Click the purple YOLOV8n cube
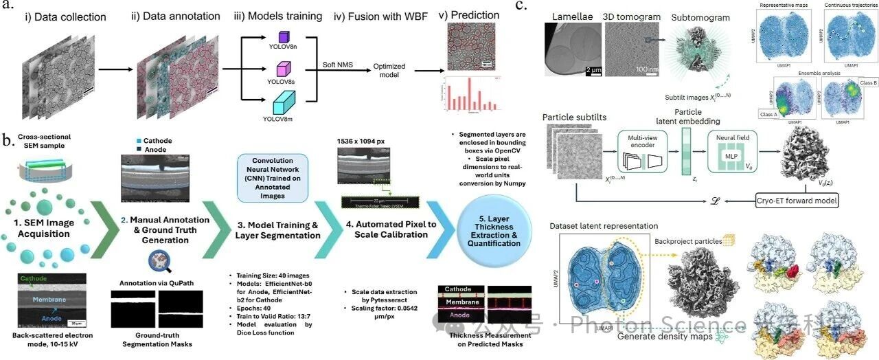coord(284,36)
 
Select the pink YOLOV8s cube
coord(284,69)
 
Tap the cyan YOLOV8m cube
coord(284,108)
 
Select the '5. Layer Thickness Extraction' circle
coord(490,230)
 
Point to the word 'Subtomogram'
coord(694,18)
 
